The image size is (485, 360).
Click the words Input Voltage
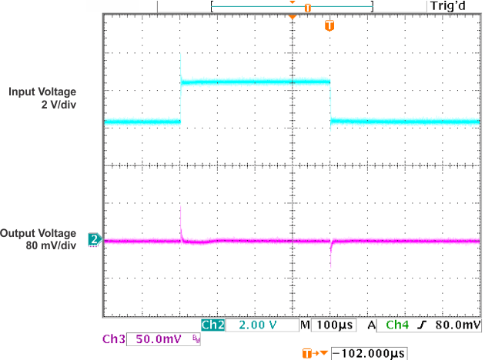42,92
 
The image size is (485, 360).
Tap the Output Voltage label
38,233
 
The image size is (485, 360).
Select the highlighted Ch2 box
212,325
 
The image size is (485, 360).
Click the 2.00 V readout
257,325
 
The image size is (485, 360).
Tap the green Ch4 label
398,325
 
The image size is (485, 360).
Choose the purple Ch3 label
114,339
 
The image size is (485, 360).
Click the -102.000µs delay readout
369,353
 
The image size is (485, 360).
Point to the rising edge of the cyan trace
180,100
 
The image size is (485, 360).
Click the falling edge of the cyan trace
330,100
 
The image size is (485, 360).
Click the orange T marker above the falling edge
329,26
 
